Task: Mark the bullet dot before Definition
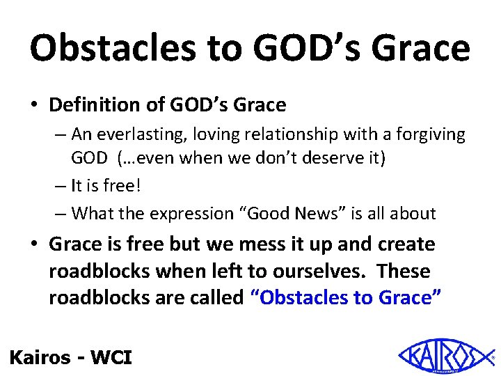[x=35, y=106]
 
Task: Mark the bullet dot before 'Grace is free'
[x=35, y=245]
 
